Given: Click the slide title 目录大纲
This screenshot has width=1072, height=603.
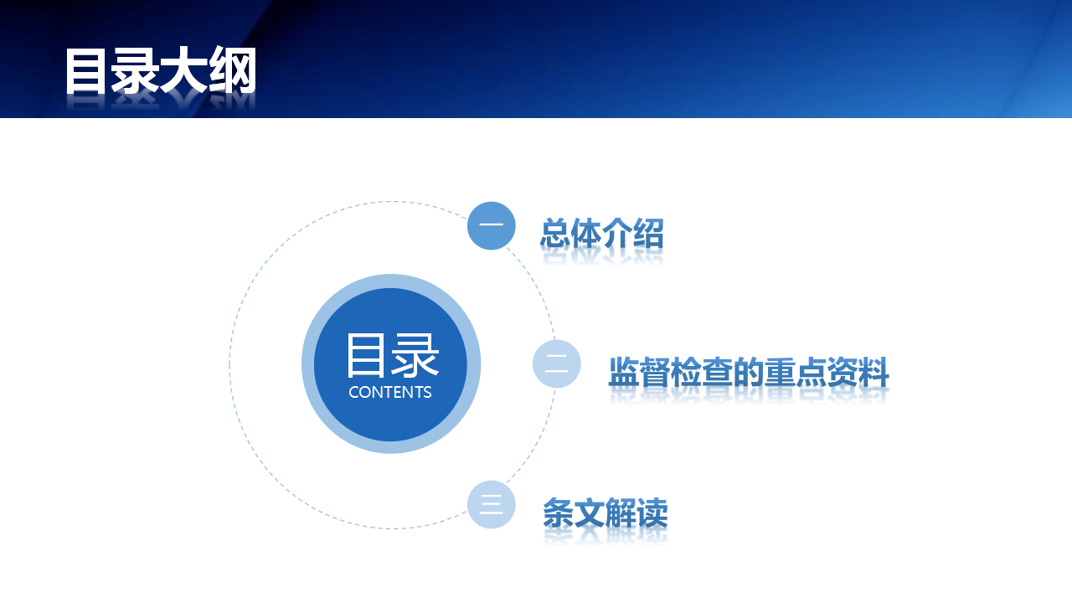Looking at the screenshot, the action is [161, 71].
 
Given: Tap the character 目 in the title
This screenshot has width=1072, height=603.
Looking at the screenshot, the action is [85, 71].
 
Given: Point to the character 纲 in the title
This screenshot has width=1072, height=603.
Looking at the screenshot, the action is [233, 71].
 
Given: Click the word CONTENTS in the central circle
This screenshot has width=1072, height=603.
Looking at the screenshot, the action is [390, 393].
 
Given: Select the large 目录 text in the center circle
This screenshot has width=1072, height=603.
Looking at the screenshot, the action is [392, 356].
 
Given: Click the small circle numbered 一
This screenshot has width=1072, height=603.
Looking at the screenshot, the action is [491, 225].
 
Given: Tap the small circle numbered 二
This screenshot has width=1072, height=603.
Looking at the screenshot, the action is [557, 363].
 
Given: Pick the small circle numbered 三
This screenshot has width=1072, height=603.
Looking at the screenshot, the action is [491, 504].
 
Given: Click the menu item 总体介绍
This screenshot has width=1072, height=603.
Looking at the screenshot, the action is [602, 234].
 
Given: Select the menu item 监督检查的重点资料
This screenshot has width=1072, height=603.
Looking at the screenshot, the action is [749, 372].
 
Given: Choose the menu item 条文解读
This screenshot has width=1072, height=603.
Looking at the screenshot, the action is [606, 513].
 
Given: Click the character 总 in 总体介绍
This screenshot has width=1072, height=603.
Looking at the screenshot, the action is [555, 234].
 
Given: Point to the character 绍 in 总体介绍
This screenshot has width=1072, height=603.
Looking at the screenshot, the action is [648, 234].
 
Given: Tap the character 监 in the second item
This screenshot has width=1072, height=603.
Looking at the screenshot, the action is [624, 372].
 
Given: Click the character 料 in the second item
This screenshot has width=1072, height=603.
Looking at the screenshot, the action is [874, 372].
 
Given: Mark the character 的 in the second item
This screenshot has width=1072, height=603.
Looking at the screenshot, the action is [749, 372].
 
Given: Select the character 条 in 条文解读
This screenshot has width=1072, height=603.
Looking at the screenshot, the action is [559, 513].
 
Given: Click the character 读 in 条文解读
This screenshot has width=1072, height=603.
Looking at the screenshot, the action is [652, 513].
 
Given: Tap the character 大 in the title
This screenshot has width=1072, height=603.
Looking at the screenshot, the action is [183, 71].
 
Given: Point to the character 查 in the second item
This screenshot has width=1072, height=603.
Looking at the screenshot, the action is [718, 372].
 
